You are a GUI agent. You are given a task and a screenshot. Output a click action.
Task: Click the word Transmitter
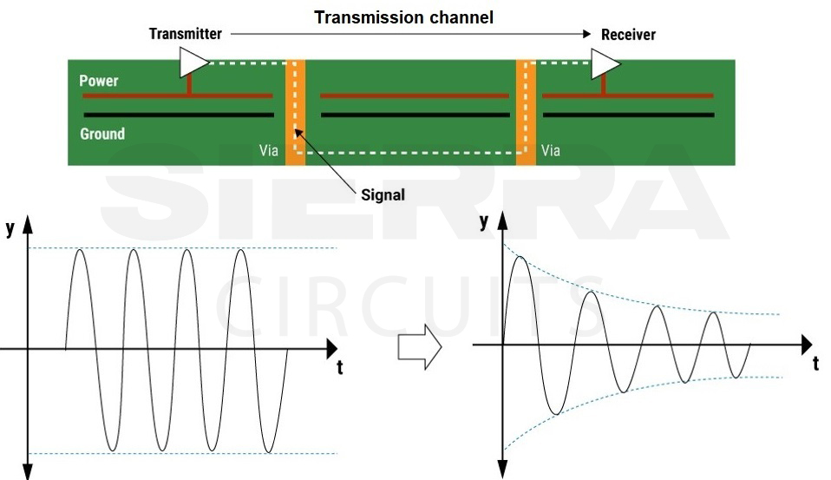click(185, 35)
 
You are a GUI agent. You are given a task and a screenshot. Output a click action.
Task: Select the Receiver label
click(628, 35)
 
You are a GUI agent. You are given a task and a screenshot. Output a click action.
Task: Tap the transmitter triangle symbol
click(193, 62)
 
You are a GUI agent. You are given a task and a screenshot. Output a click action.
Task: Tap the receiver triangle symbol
click(605, 62)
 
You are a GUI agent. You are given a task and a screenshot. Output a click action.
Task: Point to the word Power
click(99, 81)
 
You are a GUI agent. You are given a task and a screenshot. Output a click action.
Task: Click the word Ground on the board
click(102, 134)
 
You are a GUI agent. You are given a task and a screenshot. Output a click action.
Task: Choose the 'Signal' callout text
click(383, 194)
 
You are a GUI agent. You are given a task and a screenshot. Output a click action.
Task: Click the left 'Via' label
click(269, 150)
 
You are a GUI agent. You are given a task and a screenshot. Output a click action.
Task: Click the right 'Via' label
click(551, 150)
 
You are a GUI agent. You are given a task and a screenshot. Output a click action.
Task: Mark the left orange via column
click(296, 113)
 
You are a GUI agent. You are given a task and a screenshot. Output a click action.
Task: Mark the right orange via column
click(527, 113)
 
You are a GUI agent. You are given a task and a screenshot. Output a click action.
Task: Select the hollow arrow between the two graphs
click(419, 347)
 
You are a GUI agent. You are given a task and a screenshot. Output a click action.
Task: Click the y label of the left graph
click(10, 229)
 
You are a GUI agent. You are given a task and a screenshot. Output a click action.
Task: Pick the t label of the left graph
click(339, 368)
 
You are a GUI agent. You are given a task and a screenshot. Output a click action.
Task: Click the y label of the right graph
click(484, 222)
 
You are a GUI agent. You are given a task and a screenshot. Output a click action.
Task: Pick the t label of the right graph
click(815, 364)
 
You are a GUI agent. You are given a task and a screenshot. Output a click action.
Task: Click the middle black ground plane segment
click(415, 115)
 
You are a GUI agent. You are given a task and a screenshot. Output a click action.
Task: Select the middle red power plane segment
click(415, 95)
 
